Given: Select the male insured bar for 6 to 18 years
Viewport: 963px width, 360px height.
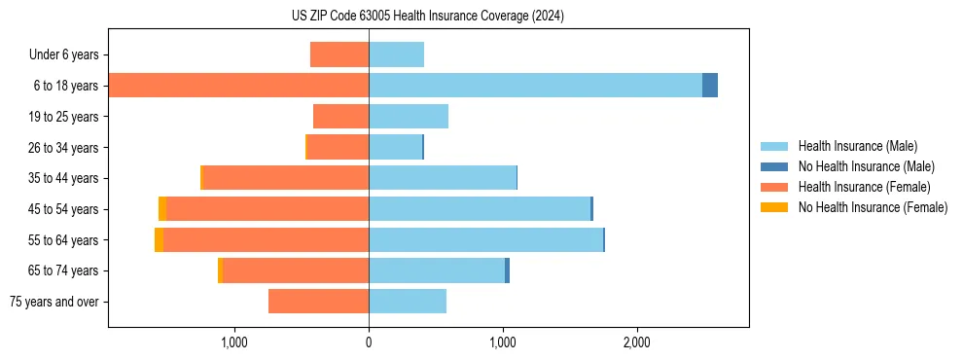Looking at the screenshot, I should (535, 86).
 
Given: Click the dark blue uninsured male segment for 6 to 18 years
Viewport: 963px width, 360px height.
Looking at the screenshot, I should (710, 86).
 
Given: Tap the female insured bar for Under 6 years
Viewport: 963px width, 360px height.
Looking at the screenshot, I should (339, 54).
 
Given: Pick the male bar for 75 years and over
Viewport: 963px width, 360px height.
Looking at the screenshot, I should (408, 302).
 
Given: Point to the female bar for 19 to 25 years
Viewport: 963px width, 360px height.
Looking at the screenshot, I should (340, 117).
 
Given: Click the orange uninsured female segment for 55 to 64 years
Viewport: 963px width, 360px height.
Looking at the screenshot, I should (159, 240).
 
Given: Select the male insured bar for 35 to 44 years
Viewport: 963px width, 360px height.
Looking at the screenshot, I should (443, 178).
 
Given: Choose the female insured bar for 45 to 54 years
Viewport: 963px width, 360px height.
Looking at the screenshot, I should (267, 209).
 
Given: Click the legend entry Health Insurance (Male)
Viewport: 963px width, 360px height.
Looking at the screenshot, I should (857, 147).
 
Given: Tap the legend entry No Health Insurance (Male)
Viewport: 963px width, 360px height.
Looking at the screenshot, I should (866, 167).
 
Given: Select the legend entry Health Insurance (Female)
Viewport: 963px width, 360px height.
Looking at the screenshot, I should (864, 187).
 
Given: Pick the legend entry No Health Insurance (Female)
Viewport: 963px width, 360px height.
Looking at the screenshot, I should (873, 207).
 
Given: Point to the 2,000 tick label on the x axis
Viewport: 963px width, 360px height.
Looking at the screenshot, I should (637, 342).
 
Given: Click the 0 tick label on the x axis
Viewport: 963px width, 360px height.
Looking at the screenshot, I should (369, 342).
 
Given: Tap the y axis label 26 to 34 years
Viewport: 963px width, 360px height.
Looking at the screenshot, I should (63, 148).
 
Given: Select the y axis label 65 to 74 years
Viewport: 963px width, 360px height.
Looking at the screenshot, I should (63, 271).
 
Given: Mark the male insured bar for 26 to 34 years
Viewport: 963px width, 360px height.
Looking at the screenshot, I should (395, 147).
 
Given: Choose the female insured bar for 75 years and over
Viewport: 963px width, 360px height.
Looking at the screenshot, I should (318, 302).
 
